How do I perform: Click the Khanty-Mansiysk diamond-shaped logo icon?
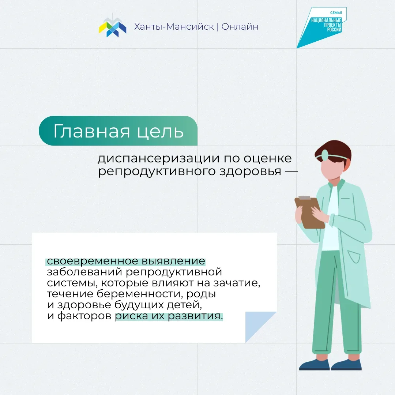[x=112, y=27]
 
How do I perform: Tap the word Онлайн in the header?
[x=240, y=27]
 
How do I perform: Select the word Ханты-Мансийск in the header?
[x=174, y=27]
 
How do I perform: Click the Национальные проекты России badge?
[x=322, y=27]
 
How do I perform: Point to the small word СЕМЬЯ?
[x=336, y=12]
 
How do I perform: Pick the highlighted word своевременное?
[x=93, y=261]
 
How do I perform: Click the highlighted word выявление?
[x=173, y=261]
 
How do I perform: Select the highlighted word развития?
[x=195, y=316]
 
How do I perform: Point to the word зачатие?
[x=237, y=283]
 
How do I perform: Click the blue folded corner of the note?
[x=257, y=324]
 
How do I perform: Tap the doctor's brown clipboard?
[x=309, y=212]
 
